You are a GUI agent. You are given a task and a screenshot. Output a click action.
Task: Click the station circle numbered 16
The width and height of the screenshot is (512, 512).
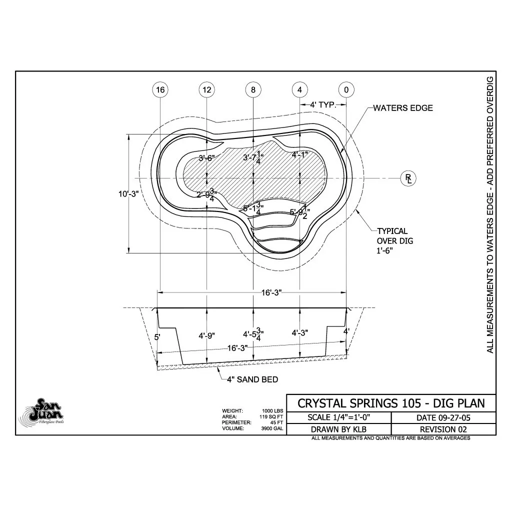(159, 90)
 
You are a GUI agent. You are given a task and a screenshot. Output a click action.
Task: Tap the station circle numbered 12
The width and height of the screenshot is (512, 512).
(206, 90)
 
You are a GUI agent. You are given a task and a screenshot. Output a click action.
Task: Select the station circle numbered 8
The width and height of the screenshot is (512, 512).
(253, 90)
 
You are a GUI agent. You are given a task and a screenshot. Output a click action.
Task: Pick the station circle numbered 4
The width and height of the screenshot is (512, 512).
(299, 90)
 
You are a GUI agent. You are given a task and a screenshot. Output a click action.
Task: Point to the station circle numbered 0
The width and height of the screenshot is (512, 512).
(346, 90)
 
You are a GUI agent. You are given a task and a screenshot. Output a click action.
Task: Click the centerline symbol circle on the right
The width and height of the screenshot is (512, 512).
(408, 177)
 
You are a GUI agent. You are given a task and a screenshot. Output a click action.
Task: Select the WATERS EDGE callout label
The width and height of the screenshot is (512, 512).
(403, 108)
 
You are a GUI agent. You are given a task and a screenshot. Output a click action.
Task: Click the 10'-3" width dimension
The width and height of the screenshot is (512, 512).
(128, 194)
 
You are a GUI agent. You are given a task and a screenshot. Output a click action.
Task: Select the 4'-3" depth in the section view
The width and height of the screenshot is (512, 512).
(299, 332)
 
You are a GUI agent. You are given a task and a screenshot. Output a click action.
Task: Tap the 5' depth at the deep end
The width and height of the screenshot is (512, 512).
(157, 337)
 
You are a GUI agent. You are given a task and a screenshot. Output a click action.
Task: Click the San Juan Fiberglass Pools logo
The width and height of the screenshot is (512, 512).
(42, 412)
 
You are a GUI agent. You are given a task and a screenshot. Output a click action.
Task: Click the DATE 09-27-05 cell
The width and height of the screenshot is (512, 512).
(443, 417)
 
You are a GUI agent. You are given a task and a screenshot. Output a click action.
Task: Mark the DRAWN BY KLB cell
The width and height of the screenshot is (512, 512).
(338, 429)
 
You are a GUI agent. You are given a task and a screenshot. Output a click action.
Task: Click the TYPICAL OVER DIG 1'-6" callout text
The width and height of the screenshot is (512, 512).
(394, 241)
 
